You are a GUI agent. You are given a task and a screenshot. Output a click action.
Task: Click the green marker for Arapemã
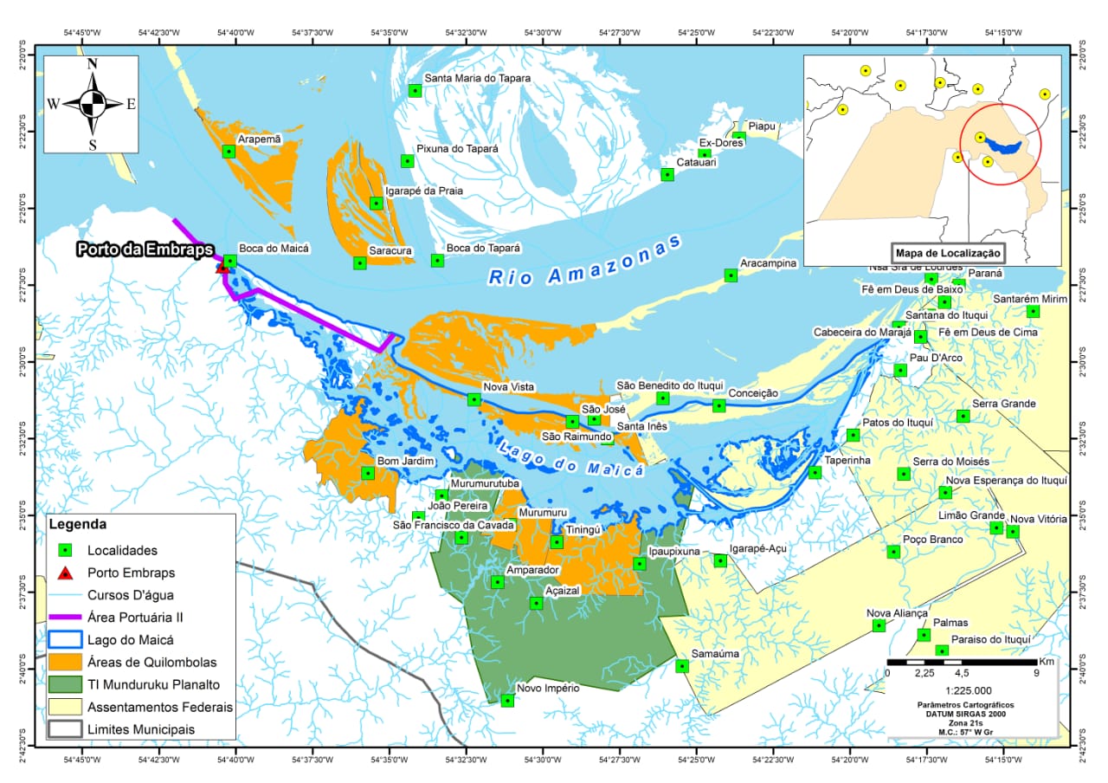coord(229,151)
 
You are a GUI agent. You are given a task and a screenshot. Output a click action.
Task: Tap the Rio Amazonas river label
coord(584,261)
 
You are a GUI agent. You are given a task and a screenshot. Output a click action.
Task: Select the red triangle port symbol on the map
coord(222,269)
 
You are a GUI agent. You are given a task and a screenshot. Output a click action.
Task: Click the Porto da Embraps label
coord(145,250)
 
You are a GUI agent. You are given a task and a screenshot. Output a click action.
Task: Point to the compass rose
coord(92,104)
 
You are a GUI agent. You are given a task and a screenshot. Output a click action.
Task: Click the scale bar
coord(960,662)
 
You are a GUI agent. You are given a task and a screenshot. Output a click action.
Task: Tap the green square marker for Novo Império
coord(507,700)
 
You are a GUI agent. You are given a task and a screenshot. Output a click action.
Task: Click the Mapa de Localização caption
coord(948,254)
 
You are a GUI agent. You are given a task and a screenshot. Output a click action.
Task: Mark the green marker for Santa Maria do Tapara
coord(415,90)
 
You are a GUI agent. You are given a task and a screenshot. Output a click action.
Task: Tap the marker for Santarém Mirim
coord(1033,311)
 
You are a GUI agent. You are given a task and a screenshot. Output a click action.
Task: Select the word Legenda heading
coord(79,525)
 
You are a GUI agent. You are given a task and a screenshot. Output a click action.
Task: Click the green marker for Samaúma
coord(682,666)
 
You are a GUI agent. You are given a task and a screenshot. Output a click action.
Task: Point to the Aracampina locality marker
coord(731,275)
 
